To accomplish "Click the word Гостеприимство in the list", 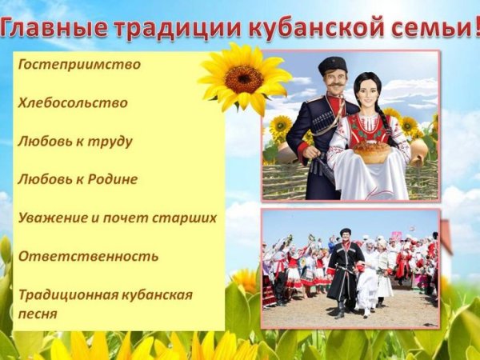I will [x=79, y=65].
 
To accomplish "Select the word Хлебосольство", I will [x=73, y=103].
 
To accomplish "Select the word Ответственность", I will [x=88, y=256].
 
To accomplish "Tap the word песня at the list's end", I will [x=40, y=314].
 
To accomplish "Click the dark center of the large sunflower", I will [x=244, y=78].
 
